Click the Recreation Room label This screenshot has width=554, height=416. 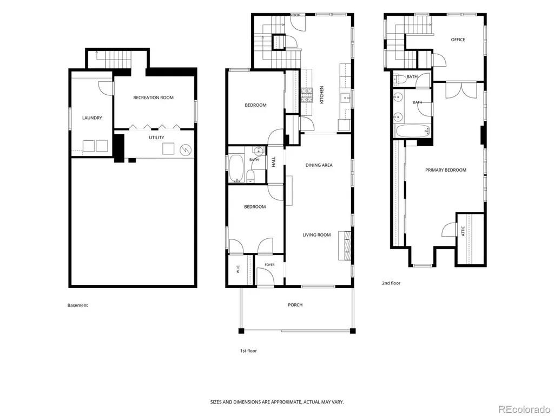(153, 97)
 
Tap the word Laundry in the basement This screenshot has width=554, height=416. (92, 118)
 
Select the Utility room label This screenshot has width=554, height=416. (156, 138)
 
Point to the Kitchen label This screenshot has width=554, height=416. (321, 95)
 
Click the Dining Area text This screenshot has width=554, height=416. (319, 165)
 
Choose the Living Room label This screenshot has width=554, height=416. (316, 235)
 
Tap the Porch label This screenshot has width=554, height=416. (295, 305)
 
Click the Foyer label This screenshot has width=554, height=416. (269, 264)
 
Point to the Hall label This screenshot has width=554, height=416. (273, 162)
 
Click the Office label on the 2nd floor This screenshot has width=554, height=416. (458, 40)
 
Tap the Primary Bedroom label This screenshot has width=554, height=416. (446, 170)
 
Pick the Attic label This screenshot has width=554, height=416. (463, 231)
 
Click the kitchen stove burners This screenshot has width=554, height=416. (307, 95)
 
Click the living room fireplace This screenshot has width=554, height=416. (345, 245)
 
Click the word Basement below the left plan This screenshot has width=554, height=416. (78, 305)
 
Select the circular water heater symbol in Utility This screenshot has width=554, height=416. (185, 149)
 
